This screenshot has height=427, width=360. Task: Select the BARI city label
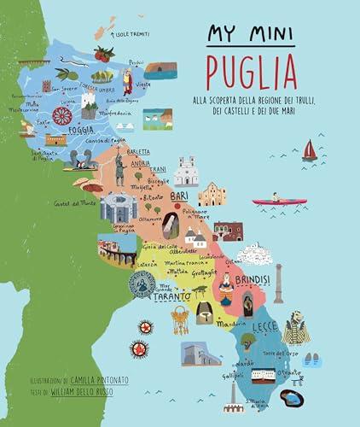(x=179, y=196)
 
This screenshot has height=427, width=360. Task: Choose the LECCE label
(x=264, y=326)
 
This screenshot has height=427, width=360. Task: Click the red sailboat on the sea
(x=310, y=150)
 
